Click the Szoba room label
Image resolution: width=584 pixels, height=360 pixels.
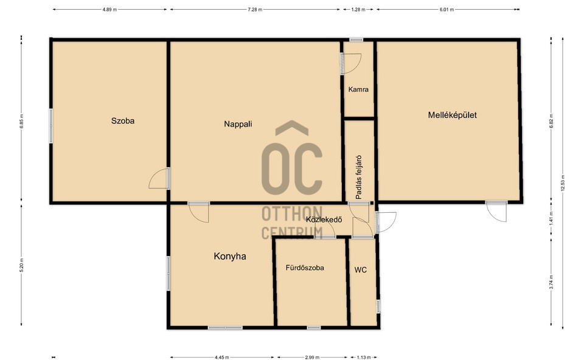click(122, 120)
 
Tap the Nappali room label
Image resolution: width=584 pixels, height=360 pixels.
click(238, 124)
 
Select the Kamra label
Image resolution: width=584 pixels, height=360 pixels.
click(358, 89)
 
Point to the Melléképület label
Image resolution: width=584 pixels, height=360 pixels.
click(452, 115)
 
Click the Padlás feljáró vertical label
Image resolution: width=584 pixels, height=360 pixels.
click(359, 177)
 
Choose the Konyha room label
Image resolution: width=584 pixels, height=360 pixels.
click(230, 256)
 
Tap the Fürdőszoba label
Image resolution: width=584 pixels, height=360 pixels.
click(305, 268)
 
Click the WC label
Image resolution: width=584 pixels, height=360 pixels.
click(361, 270)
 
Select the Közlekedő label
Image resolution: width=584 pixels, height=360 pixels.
click(324, 220)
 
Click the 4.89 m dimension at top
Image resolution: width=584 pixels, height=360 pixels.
click(109, 10)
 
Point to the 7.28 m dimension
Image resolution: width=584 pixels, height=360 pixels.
click(255, 10)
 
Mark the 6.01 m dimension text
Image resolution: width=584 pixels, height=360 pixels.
click(447, 10)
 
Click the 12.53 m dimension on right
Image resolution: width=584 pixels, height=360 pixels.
click(563, 183)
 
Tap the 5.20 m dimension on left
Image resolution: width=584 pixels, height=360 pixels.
click(21, 265)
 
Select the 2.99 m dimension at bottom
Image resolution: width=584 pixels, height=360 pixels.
click(312, 358)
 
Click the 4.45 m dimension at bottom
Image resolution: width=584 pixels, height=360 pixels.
click(221, 358)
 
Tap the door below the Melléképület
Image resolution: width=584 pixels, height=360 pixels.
click(497, 212)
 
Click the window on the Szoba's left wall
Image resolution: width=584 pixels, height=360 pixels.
click(51, 125)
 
